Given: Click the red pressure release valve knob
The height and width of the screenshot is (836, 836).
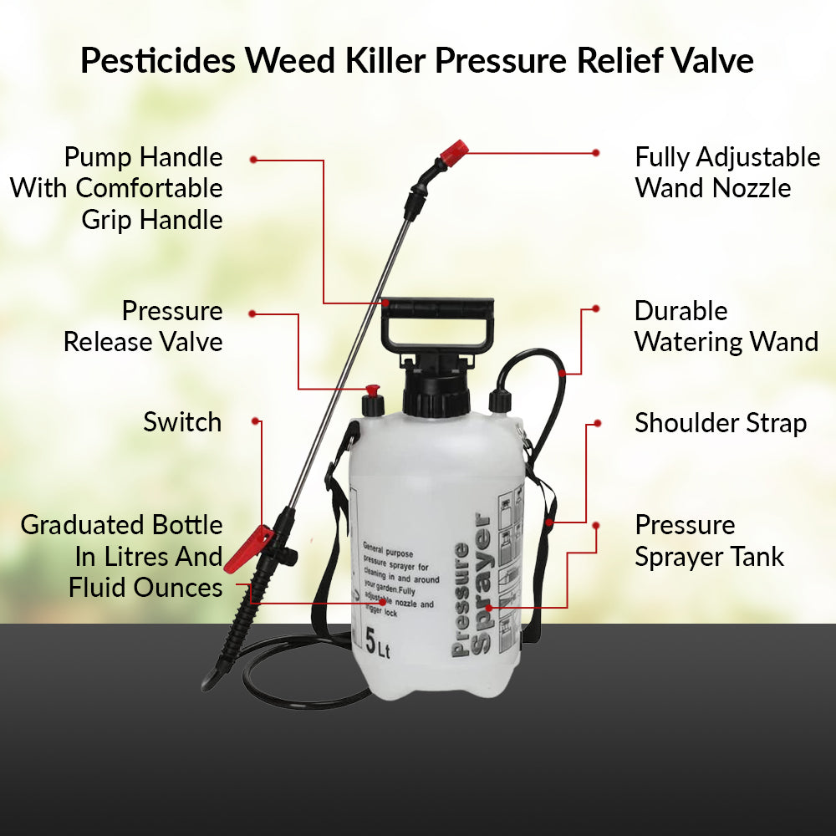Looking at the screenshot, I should click(372, 392).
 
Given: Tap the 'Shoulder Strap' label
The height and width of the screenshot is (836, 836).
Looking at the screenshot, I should click(720, 423).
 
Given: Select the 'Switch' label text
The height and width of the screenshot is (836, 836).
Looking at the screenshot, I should click(182, 422).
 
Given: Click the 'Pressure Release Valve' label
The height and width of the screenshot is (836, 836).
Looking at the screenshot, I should click(143, 326).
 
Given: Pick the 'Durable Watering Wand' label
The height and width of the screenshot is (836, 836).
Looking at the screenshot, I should click(726, 326).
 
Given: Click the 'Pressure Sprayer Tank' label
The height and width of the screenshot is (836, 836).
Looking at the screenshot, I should click(709, 541).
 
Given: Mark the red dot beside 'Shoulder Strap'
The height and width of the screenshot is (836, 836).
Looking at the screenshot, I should click(596, 423).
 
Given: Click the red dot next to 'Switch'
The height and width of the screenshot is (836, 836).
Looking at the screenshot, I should click(255, 421).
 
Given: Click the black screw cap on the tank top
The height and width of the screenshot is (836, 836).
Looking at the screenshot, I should click(436, 391).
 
